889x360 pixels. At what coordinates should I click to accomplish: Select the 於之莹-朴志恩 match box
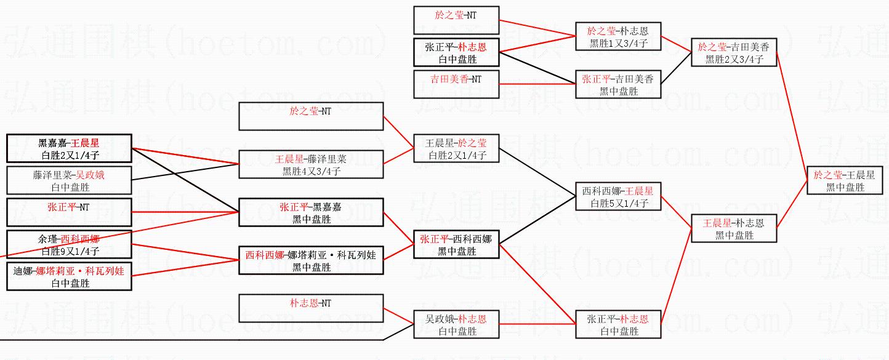[x=617, y=36]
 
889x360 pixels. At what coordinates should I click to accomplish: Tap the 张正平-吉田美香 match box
[x=617, y=84]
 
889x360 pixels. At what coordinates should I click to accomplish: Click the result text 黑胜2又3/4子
[x=734, y=60]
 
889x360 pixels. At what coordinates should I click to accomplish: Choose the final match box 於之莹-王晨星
[x=844, y=180]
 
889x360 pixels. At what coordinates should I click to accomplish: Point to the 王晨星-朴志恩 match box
[x=733, y=228]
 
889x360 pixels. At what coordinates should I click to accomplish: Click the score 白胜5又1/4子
[x=617, y=203]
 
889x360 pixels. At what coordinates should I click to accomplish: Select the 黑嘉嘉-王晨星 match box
[x=69, y=148]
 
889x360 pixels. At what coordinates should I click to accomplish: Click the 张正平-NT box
[x=69, y=212]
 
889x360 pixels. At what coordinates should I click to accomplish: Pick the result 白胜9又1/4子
[x=69, y=251]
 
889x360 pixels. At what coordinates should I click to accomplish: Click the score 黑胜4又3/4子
[x=311, y=171]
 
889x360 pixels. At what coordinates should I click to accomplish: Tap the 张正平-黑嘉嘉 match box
[x=311, y=212]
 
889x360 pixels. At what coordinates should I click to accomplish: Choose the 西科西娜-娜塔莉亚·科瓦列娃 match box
[x=311, y=260]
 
